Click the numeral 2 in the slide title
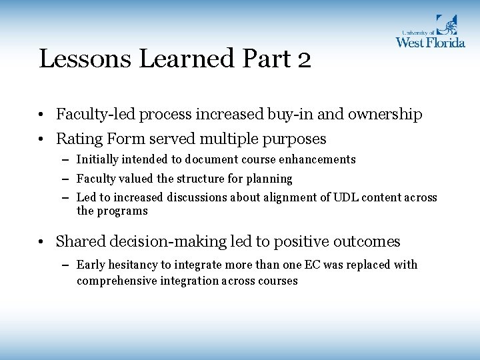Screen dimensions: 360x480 click(303, 59)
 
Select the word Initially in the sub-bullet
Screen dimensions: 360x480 click(97, 159)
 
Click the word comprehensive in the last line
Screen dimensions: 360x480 click(115, 281)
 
